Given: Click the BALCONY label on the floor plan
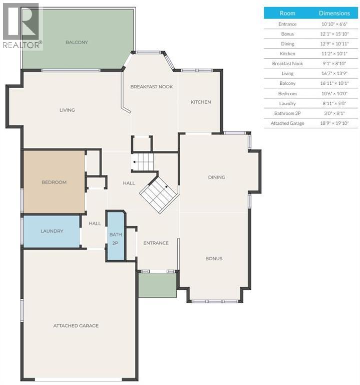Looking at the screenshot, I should pyautogui.click(x=77, y=42).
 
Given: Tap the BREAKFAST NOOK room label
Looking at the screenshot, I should pyautogui.click(x=151, y=87).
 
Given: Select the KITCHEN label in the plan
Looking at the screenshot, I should pyautogui.click(x=200, y=102).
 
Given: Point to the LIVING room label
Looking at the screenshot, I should pyautogui.click(x=67, y=110).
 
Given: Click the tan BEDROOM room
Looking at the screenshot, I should pyautogui.click(x=54, y=182).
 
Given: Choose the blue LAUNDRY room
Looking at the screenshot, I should pyautogui.click(x=52, y=231).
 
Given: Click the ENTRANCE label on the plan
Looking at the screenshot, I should pyautogui.click(x=156, y=243).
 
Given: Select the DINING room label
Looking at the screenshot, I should pyautogui.click(x=216, y=177).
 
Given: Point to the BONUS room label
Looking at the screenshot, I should pyautogui.click(x=214, y=258).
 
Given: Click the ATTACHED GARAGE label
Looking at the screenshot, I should pyautogui.click(x=76, y=325).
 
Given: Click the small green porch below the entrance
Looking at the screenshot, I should pyautogui.click(x=157, y=285).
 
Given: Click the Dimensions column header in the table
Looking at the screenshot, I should pyautogui.click(x=334, y=13).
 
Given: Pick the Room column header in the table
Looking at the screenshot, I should pyautogui.click(x=287, y=13).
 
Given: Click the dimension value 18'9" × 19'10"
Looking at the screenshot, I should pyautogui.click(x=334, y=123).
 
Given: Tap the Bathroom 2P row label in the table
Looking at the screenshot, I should pyautogui.click(x=287, y=113).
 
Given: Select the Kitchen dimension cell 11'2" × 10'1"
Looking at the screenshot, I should pyautogui.click(x=334, y=54).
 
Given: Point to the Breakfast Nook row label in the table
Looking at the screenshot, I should pyautogui.click(x=287, y=64).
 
